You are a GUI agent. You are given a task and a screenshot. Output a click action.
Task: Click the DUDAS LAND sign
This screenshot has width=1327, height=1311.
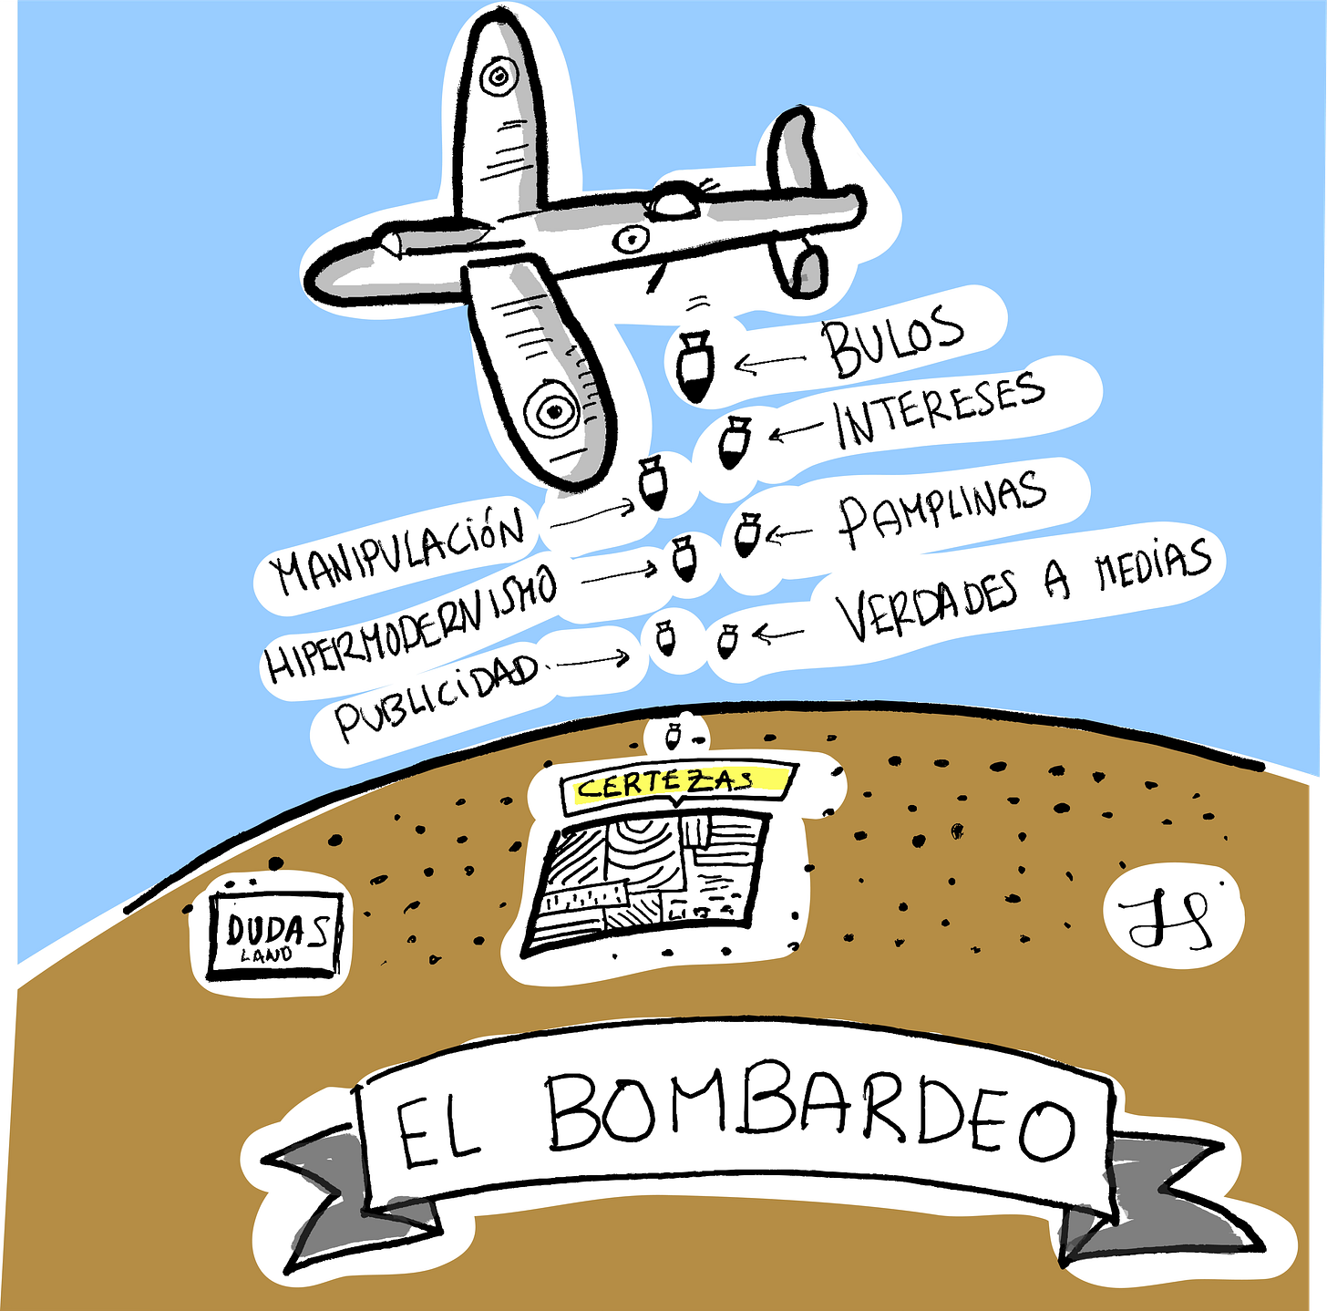click(274, 935)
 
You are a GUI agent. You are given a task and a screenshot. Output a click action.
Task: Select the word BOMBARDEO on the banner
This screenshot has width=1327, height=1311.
click(811, 1116)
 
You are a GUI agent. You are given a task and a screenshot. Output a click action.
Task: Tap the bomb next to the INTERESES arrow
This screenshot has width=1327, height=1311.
click(733, 442)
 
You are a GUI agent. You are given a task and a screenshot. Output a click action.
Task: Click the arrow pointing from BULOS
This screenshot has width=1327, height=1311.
click(770, 363)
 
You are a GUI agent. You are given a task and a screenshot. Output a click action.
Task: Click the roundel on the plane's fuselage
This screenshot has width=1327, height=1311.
click(630, 240)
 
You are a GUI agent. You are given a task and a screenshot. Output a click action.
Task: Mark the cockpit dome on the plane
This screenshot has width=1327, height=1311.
click(675, 201)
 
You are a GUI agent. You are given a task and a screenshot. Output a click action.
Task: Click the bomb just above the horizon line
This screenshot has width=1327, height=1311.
click(673, 733)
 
